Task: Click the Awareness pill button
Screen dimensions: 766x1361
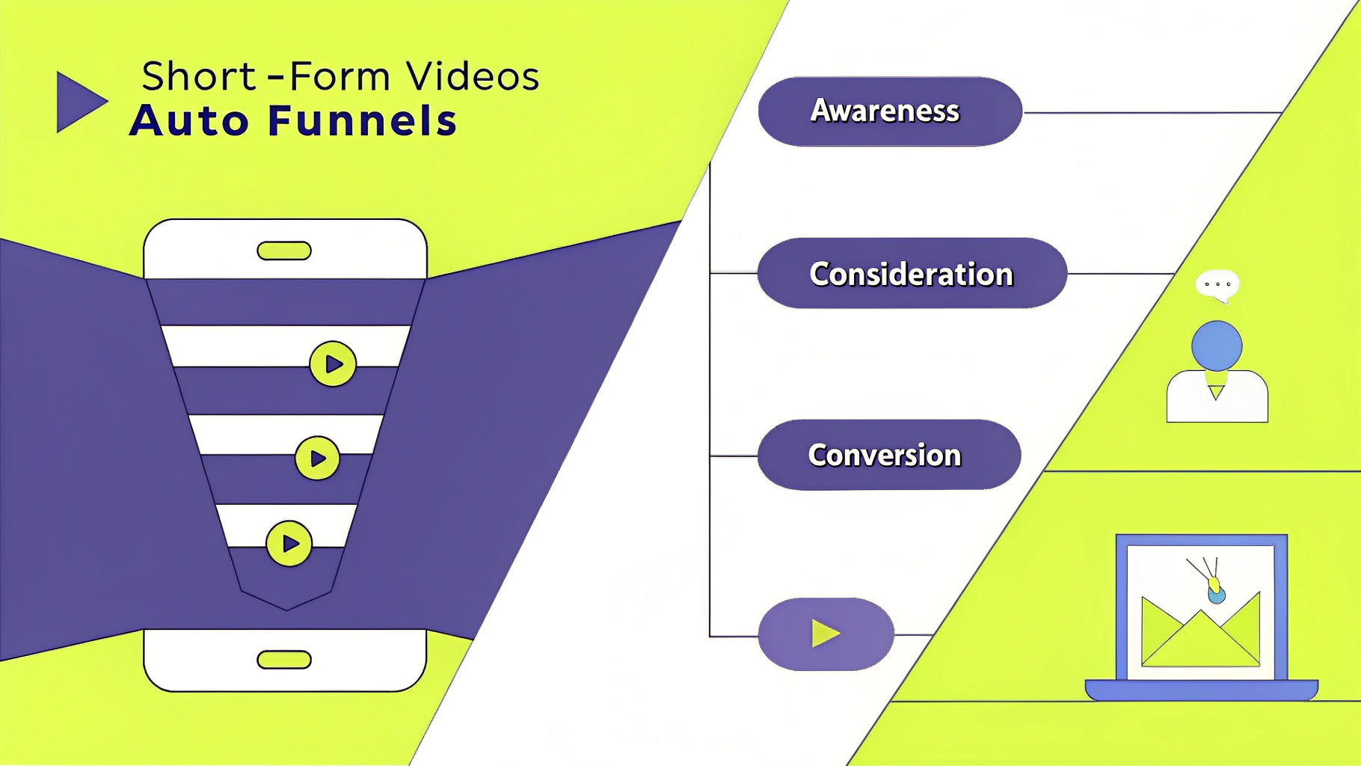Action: coord(889,111)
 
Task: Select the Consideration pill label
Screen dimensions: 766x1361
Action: coord(911,274)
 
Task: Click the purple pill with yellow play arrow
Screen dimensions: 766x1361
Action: coord(826,634)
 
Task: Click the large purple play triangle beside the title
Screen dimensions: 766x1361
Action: coord(79,102)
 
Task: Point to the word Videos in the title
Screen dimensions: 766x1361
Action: coord(473,76)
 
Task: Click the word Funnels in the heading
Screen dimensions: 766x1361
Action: coord(362,121)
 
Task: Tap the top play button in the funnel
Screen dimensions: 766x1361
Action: coord(333,364)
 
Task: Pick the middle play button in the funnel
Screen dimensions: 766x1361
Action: coord(317,459)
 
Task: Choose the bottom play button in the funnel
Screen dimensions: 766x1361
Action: coord(289,544)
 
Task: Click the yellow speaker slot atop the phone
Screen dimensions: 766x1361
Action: coord(284,251)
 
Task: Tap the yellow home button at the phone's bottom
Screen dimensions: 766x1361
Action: coord(284,660)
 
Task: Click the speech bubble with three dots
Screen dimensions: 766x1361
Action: coord(1217,284)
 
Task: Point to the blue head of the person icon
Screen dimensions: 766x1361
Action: coord(1217,346)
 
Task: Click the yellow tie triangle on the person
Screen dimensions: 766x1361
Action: coord(1216,392)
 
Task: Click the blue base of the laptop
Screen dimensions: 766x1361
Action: coord(1201,689)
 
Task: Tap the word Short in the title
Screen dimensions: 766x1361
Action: coord(199,76)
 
